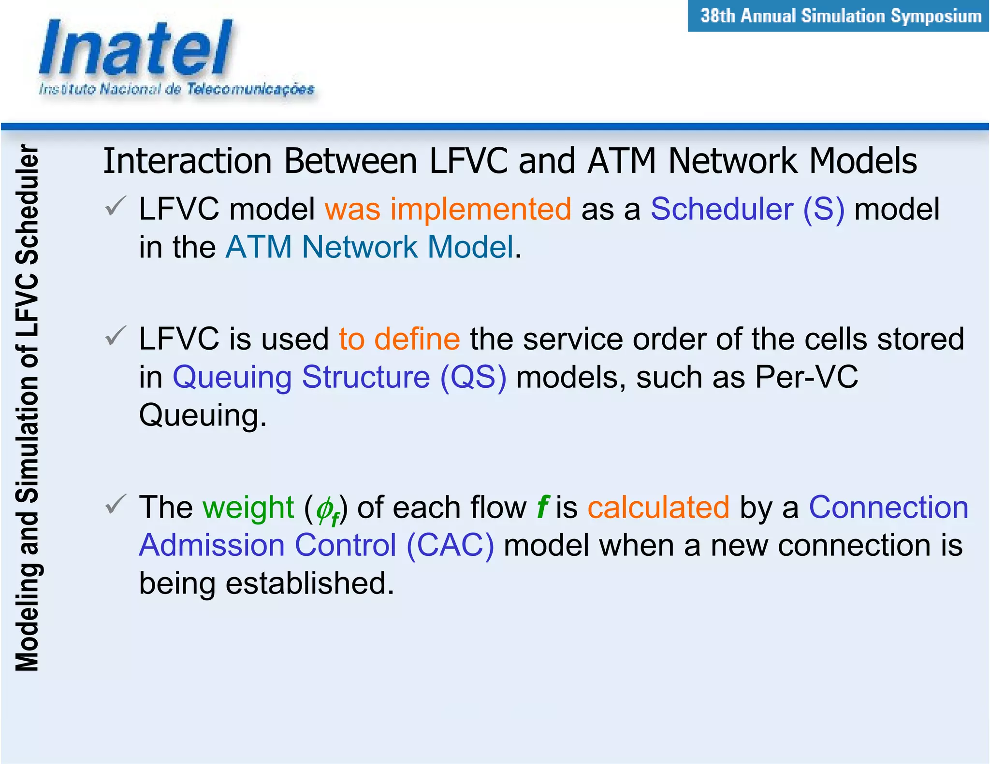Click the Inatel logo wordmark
(137, 49)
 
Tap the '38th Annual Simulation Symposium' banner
(840, 16)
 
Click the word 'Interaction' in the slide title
(188, 161)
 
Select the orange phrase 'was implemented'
(448, 209)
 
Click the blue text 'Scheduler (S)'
(747, 209)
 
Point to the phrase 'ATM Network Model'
(370, 247)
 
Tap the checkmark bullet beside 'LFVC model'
(116, 206)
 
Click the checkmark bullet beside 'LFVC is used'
(116, 336)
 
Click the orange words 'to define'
(399, 339)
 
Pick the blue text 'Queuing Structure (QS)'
(339, 377)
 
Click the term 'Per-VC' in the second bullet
(806, 377)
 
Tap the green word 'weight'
(248, 507)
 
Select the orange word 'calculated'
(658, 507)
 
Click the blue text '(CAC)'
(450, 545)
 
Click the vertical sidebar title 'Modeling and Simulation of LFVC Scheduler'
(27, 408)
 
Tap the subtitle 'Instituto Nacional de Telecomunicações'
(176, 89)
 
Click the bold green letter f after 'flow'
(542, 507)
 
